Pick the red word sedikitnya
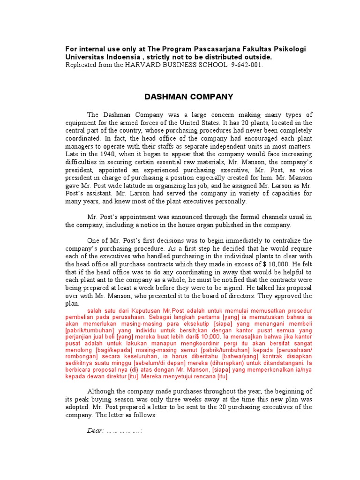[80, 363]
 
